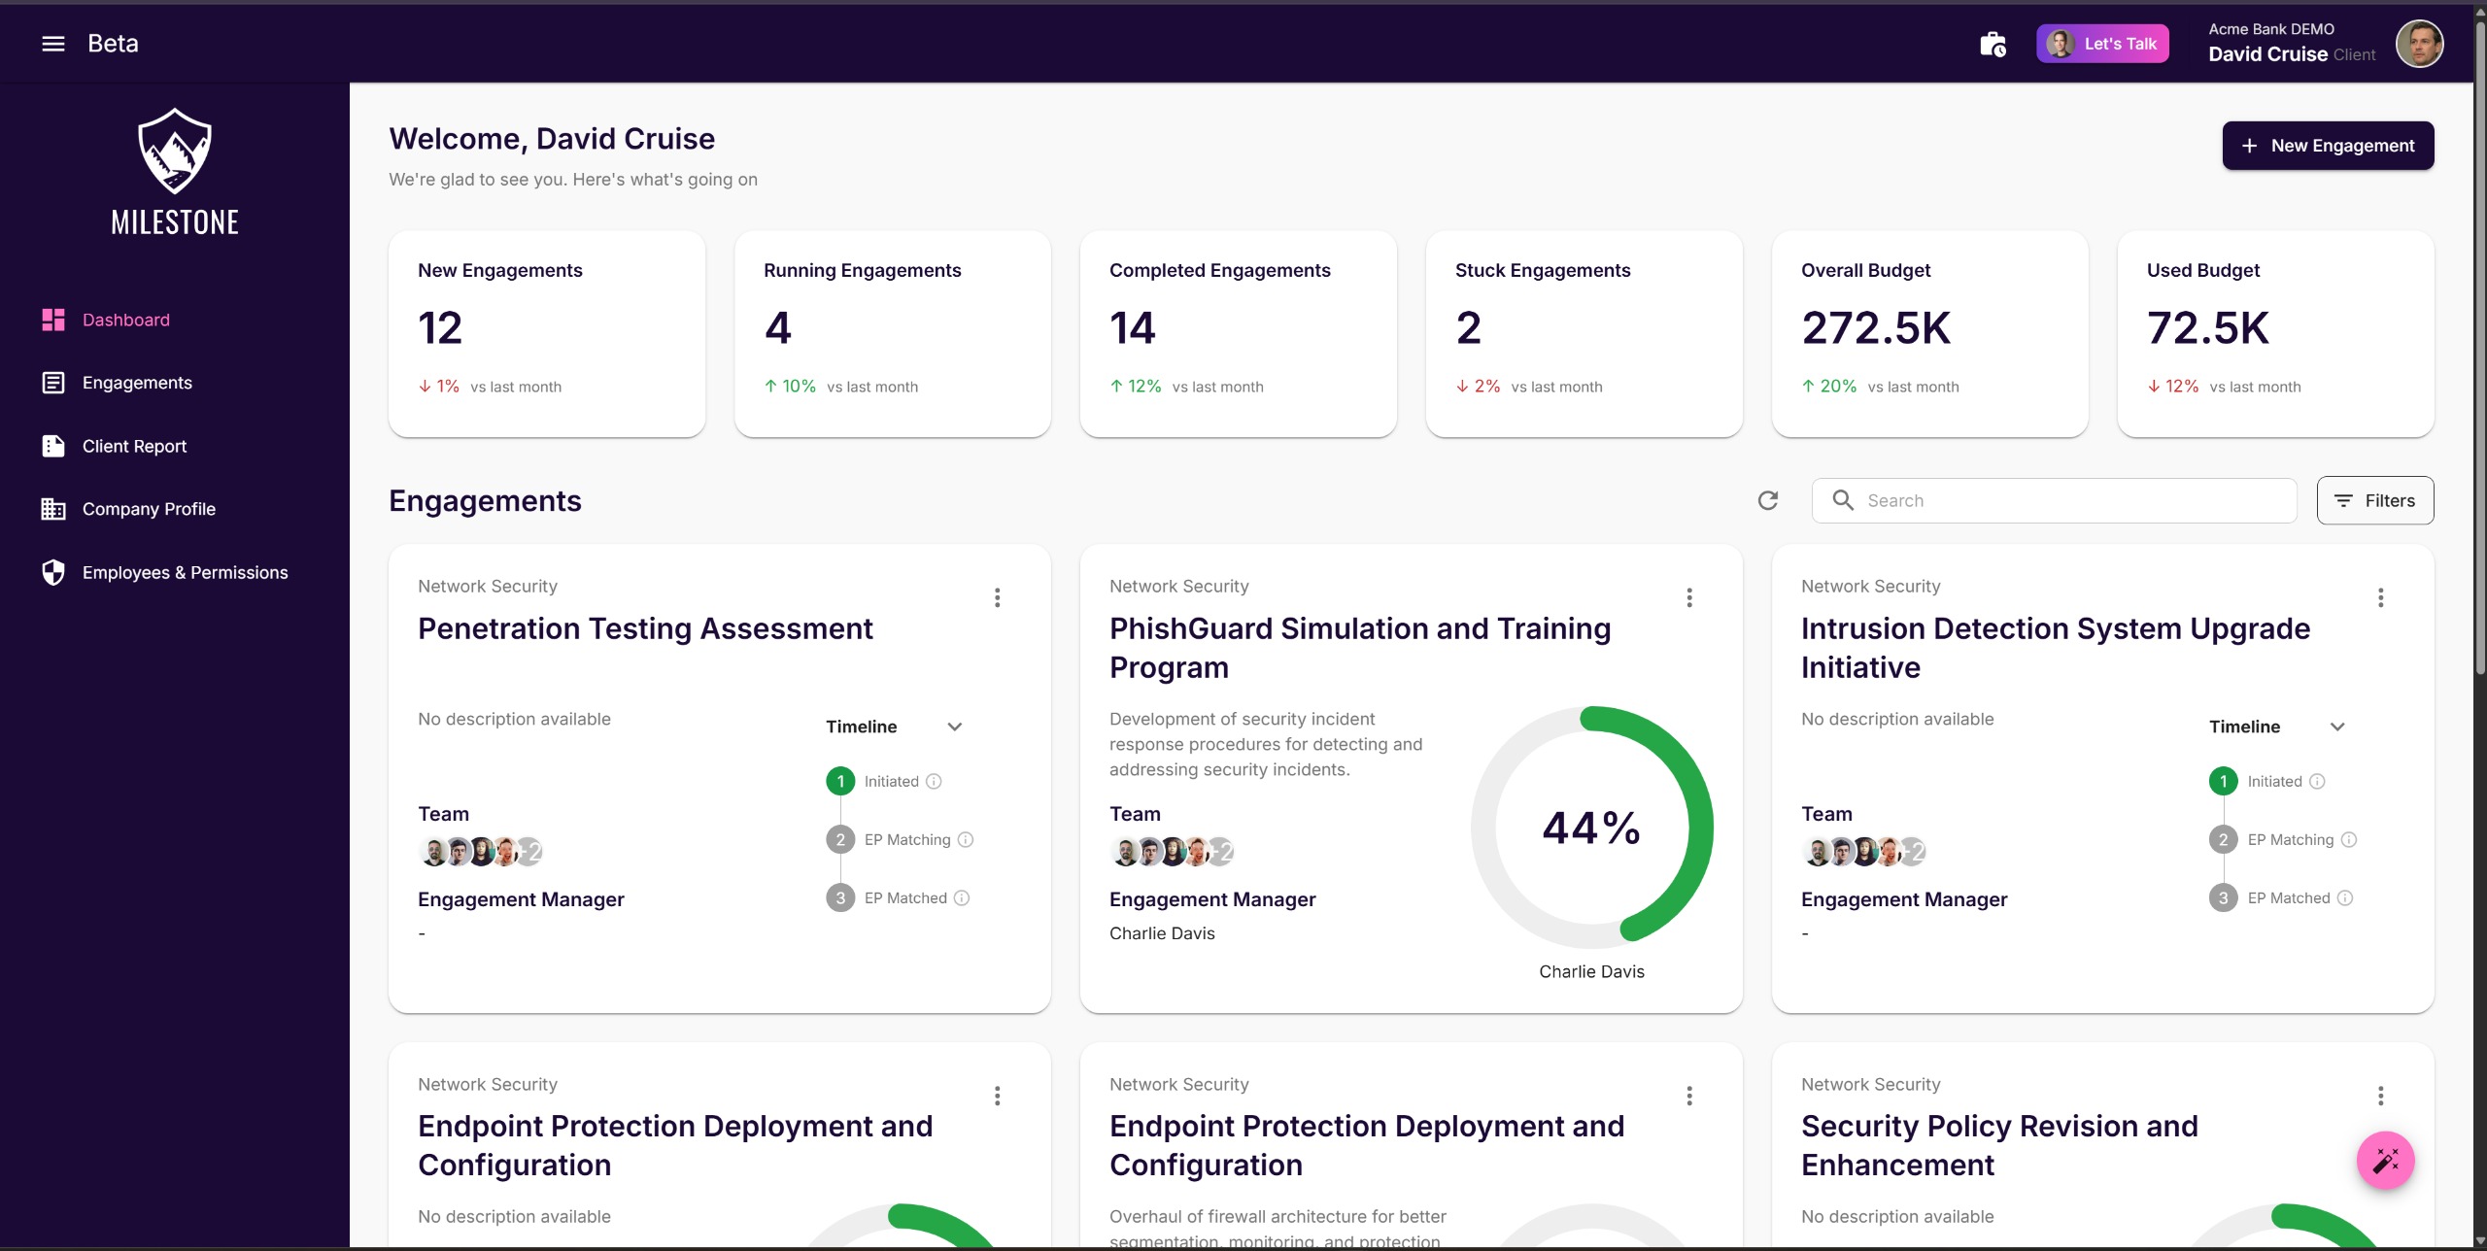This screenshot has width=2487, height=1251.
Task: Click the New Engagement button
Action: [x=2327, y=146]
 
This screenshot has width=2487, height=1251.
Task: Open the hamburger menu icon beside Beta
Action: [x=53, y=44]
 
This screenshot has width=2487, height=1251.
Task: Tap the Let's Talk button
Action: [x=2102, y=44]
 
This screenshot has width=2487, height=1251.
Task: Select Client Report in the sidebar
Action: [x=134, y=446]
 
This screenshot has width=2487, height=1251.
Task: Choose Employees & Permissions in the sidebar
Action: [x=185, y=572]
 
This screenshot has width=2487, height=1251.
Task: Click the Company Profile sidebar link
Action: [x=149, y=509]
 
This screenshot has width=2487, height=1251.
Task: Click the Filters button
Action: [x=2374, y=500]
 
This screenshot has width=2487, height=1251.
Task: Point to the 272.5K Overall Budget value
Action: [x=1875, y=328]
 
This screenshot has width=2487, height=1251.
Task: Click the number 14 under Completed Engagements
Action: [x=1132, y=328]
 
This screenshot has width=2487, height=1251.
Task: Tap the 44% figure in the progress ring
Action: [x=1591, y=828]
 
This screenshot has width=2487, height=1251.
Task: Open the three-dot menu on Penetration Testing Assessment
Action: [x=997, y=597]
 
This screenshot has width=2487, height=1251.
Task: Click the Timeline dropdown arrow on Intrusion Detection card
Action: [x=2337, y=727]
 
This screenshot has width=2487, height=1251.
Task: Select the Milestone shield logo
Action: [x=175, y=151]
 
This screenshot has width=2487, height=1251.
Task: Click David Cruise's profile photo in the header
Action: [x=2419, y=44]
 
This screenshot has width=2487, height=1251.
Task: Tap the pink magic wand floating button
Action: [x=2385, y=1160]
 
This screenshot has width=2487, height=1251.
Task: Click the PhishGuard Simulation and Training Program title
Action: [x=1360, y=648]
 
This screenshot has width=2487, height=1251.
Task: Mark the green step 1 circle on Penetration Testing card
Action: [x=840, y=781]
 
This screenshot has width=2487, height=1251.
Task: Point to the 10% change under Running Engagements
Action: [x=799, y=387]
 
